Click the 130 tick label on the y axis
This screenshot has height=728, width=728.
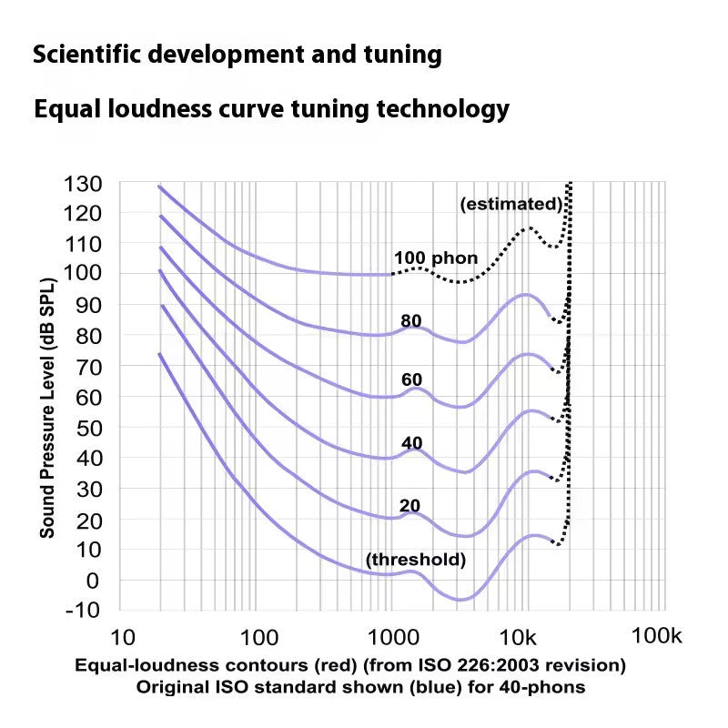[83, 185]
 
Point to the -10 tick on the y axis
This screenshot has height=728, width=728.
[83, 610]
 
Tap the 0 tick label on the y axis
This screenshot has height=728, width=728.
[93, 581]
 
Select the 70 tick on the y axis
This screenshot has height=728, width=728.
[88, 368]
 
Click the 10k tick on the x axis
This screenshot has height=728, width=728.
[518, 638]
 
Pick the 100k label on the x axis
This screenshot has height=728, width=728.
[656, 635]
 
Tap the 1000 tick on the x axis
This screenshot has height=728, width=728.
[393, 638]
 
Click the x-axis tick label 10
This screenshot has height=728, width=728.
[123, 638]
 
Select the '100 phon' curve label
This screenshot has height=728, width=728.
[436, 258]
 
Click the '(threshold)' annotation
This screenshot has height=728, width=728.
[416, 560]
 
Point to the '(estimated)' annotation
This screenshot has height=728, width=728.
[511, 204]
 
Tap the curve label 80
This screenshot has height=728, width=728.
[411, 321]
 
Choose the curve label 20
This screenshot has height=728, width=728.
[409, 505]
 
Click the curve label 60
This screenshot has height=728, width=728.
[411, 379]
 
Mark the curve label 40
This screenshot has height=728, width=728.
[412, 443]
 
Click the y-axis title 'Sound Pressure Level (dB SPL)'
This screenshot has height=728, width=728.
[47, 408]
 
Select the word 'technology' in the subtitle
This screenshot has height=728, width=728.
[443, 110]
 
